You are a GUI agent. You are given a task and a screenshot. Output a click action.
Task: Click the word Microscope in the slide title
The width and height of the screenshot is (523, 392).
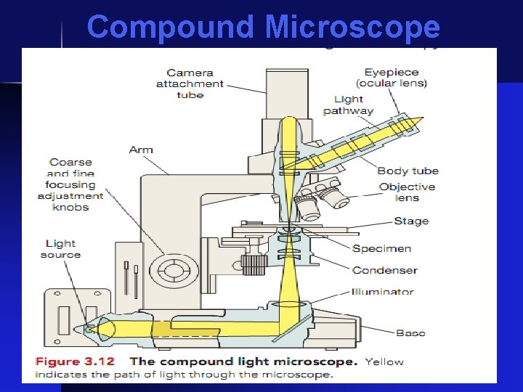coord(352,28)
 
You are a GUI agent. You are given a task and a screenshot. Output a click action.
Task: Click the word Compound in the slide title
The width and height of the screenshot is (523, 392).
coord(171,28)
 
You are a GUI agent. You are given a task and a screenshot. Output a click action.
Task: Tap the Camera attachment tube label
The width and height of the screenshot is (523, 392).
coord(190,83)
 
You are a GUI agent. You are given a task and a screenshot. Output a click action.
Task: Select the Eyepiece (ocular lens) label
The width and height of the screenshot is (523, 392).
coord(396,78)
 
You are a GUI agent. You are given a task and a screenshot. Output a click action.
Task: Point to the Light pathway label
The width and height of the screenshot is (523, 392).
coord(349,105)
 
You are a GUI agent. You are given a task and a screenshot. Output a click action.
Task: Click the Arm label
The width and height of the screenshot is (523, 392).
coord(141,150)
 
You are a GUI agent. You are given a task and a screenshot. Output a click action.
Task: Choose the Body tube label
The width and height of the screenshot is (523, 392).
coord(408,171)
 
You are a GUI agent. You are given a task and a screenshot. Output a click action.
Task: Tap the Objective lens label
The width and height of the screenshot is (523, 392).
coord(407,192)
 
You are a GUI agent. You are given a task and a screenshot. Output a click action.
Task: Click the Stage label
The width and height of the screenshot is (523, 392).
coord(411,221)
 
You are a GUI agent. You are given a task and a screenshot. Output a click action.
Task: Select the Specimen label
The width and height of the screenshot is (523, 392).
coord(381,249)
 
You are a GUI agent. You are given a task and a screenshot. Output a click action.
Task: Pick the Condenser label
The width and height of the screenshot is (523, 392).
coord(384,271)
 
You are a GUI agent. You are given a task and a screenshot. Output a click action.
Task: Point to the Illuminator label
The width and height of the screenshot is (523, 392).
coord(382,292)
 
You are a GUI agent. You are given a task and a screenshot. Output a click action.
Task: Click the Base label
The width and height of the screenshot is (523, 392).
coord(410,333)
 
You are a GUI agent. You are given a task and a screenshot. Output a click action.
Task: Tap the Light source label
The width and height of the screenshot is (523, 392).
coord(60,249)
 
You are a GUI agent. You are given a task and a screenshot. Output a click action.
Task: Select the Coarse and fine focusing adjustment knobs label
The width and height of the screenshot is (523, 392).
coord(71,184)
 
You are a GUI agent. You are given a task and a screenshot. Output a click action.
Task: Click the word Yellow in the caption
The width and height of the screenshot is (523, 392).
coord(384,362)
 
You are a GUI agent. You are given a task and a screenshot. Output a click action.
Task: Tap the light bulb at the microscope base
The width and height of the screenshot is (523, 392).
coord(92,329)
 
